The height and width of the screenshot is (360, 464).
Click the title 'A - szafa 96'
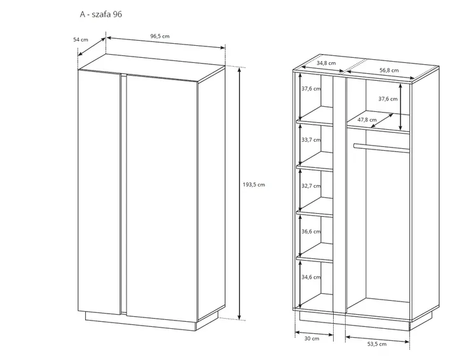pyautogui.click(x=100, y=14)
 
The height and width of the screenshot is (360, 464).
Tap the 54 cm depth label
pyautogui.click(x=81, y=39)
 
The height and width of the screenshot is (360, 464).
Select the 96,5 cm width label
pyautogui.click(x=160, y=36)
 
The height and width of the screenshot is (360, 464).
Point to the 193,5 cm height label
pyautogui.click(x=254, y=184)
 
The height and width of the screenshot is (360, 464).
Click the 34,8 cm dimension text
pyautogui.click(x=326, y=63)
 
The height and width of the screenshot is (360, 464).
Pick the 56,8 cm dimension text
pyautogui.click(x=389, y=70)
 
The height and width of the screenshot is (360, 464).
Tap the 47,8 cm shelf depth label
pyautogui.click(x=367, y=120)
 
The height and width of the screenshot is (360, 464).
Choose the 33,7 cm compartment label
pyautogui.click(x=311, y=140)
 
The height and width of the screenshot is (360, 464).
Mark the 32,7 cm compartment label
pyautogui.click(x=311, y=186)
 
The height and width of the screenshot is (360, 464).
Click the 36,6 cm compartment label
pyautogui.click(x=311, y=232)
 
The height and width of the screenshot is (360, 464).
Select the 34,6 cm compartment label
pyautogui.click(x=311, y=277)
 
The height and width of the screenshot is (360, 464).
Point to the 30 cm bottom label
pyautogui.click(x=312, y=338)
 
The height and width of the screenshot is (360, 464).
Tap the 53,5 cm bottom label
pyautogui.click(x=377, y=344)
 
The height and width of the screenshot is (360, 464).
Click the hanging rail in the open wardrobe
pyautogui.click(x=381, y=148)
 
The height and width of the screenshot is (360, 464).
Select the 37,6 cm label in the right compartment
pyautogui.click(x=388, y=99)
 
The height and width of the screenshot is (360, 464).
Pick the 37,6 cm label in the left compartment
pyautogui.click(x=311, y=88)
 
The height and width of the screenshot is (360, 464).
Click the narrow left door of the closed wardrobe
pyautogui.click(x=99, y=192)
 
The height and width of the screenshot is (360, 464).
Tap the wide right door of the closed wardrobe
pyautogui.click(x=162, y=197)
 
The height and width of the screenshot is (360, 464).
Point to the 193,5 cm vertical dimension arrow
pyautogui.click(x=240, y=193)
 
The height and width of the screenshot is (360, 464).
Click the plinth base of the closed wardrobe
pyautogui.click(x=140, y=321)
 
